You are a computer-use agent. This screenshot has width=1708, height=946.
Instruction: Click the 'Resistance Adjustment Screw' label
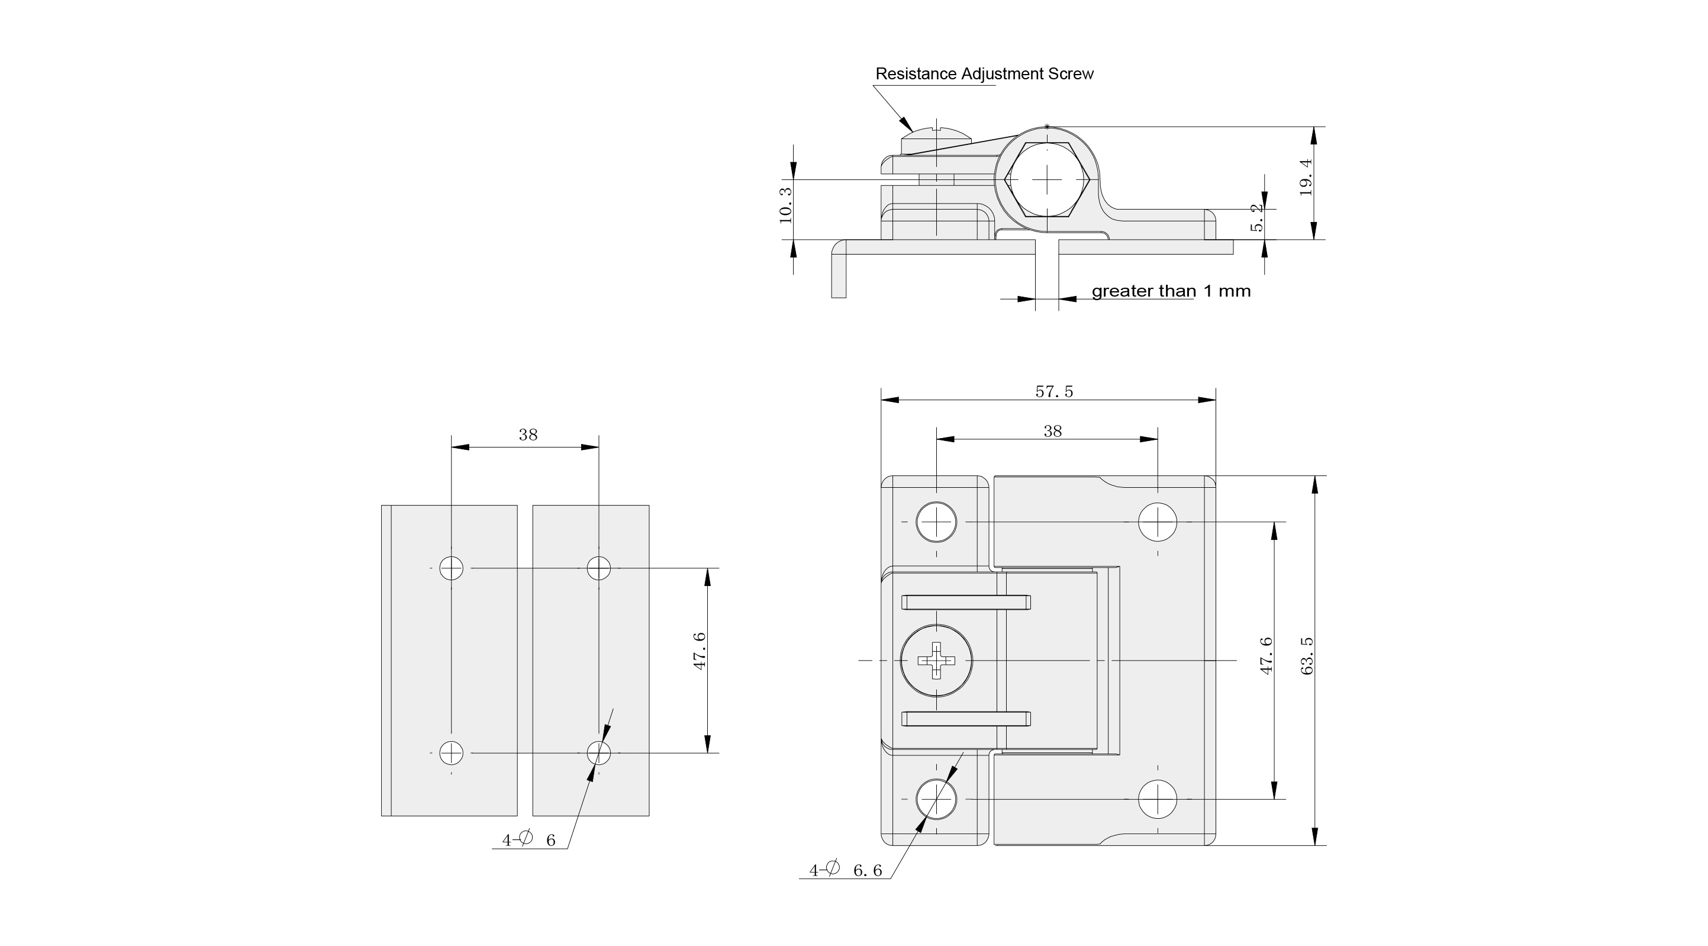[x=984, y=73]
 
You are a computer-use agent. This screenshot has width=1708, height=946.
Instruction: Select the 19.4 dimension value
[x=1306, y=176]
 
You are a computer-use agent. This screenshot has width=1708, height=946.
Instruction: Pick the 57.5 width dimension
[x=1053, y=391]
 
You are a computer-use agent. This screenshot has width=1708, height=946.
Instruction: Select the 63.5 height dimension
[x=1307, y=656]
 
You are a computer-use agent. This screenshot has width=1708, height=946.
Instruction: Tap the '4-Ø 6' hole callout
[x=528, y=839]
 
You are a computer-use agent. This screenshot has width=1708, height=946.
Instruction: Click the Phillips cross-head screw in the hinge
[x=936, y=660]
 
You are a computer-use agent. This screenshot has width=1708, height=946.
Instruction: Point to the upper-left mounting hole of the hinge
[x=936, y=522]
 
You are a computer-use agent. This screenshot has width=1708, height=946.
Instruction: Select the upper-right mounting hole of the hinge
[x=1158, y=522]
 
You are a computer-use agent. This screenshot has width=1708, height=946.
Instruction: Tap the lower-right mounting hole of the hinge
[x=1158, y=799]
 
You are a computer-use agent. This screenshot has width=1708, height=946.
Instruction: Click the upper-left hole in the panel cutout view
[x=452, y=568]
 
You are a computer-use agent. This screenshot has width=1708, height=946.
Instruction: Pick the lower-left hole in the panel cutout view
[x=452, y=753]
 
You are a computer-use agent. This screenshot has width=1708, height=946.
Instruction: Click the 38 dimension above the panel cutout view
[x=528, y=435]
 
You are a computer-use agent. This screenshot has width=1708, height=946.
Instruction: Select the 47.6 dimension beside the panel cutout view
[x=700, y=651]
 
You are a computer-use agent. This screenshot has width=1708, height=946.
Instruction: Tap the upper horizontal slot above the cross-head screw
[x=966, y=603]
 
